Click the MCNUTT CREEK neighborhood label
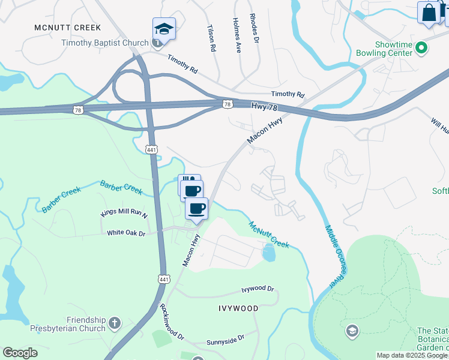tap(67, 28)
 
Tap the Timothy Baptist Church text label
tap(104, 43)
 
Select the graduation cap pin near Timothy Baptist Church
tap(164, 29)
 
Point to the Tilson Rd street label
tap(211, 37)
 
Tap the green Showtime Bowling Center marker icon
tap(421, 46)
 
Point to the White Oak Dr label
tap(126, 233)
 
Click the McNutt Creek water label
tap(270, 234)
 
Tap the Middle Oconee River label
tap(336, 256)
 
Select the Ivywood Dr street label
tap(258, 289)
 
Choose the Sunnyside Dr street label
tap(225, 340)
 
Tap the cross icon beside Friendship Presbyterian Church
tap(114, 325)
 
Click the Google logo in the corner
tap(20, 353)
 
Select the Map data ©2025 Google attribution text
tap(412, 355)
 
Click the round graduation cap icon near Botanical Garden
tap(352, 331)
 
